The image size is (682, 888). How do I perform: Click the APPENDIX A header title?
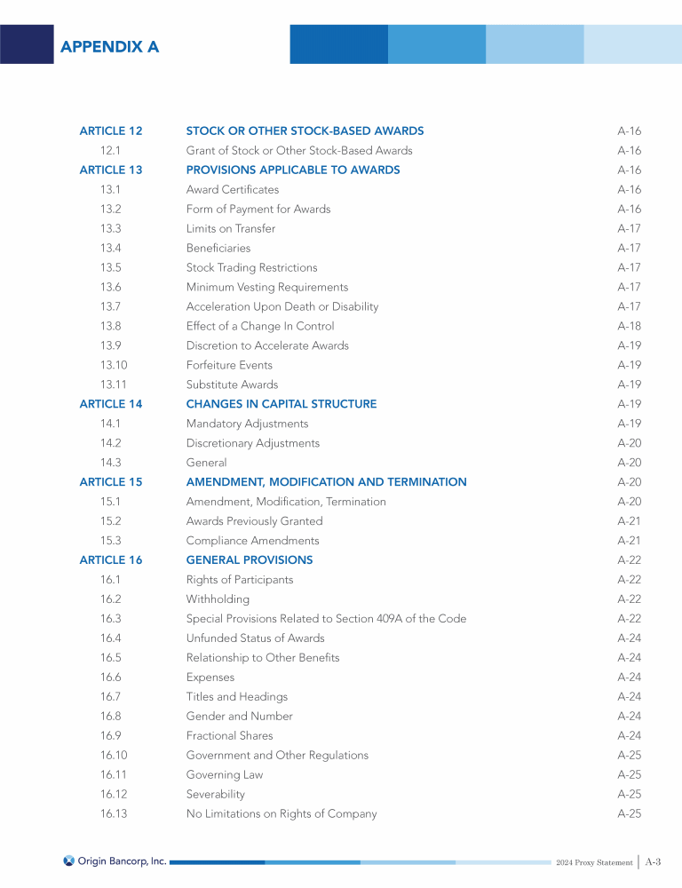[x=109, y=47]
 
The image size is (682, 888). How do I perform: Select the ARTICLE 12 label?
[x=111, y=131]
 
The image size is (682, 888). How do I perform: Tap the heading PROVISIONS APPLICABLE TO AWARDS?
[x=293, y=170]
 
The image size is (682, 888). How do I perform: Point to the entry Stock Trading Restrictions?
[x=251, y=267]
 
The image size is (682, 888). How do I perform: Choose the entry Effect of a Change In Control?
[x=260, y=326]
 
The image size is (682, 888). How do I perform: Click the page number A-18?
[x=629, y=326]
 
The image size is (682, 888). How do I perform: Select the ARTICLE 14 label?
[x=111, y=404]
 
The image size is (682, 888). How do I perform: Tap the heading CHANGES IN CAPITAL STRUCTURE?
[x=282, y=404]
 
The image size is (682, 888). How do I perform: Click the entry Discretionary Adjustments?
[x=253, y=443]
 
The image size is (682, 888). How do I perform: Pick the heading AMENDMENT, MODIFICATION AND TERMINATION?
[x=326, y=482]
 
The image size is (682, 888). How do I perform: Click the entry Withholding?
[x=218, y=599]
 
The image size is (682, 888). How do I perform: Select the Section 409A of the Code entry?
[x=326, y=619]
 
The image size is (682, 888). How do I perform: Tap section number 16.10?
[x=114, y=756]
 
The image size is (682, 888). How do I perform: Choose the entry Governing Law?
[x=225, y=775]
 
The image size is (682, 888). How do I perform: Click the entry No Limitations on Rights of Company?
[x=282, y=814]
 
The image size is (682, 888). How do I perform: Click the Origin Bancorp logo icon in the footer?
[x=69, y=860]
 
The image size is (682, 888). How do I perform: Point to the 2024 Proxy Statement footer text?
[x=595, y=863]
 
